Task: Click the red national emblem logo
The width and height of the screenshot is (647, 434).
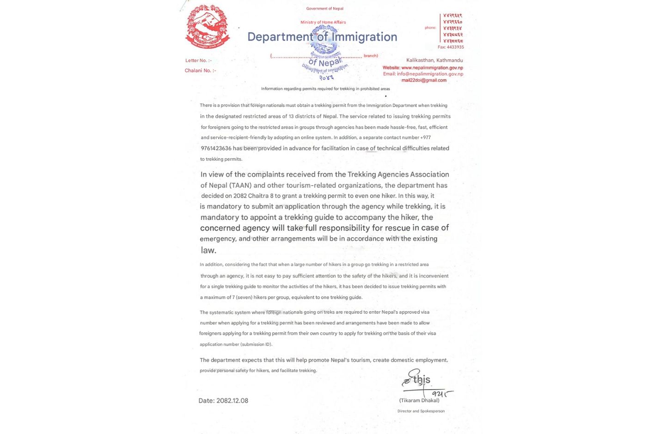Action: pyautogui.click(x=208, y=27)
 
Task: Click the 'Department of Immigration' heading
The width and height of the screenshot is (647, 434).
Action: pyautogui.click(x=322, y=37)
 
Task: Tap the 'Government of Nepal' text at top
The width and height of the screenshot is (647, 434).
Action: pyautogui.click(x=324, y=9)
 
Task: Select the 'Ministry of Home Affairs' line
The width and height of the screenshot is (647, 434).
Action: pyautogui.click(x=323, y=22)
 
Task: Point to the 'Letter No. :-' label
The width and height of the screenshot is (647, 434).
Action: pyautogui.click(x=198, y=60)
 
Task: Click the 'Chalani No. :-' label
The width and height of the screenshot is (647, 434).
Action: pyautogui.click(x=200, y=71)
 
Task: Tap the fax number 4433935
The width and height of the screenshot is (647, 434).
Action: pyautogui.click(x=451, y=47)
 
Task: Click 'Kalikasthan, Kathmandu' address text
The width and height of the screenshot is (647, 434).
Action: pyautogui.click(x=434, y=60)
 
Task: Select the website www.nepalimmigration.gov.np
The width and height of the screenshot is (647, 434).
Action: pyautogui.click(x=432, y=68)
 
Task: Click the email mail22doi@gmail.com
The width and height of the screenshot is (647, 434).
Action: pyautogui.click(x=424, y=80)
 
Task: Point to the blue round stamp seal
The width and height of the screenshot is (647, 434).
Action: pyautogui.click(x=325, y=53)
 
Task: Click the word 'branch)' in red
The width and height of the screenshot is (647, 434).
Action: pyautogui.click(x=371, y=56)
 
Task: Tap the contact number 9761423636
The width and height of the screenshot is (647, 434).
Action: pyautogui.click(x=216, y=148)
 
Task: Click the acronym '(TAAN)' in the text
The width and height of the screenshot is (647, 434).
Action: pyautogui.click(x=240, y=185)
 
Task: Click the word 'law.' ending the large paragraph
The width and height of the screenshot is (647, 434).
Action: pyautogui.click(x=208, y=250)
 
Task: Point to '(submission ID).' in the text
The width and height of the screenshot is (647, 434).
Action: pyautogui.click(x=256, y=344)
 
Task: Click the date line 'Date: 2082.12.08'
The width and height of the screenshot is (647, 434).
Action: pyautogui.click(x=223, y=401)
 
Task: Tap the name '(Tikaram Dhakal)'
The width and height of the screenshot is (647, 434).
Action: pyautogui.click(x=419, y=401)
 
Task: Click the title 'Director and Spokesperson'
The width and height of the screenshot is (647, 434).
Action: pyautogui.click(x=421, y=411)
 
